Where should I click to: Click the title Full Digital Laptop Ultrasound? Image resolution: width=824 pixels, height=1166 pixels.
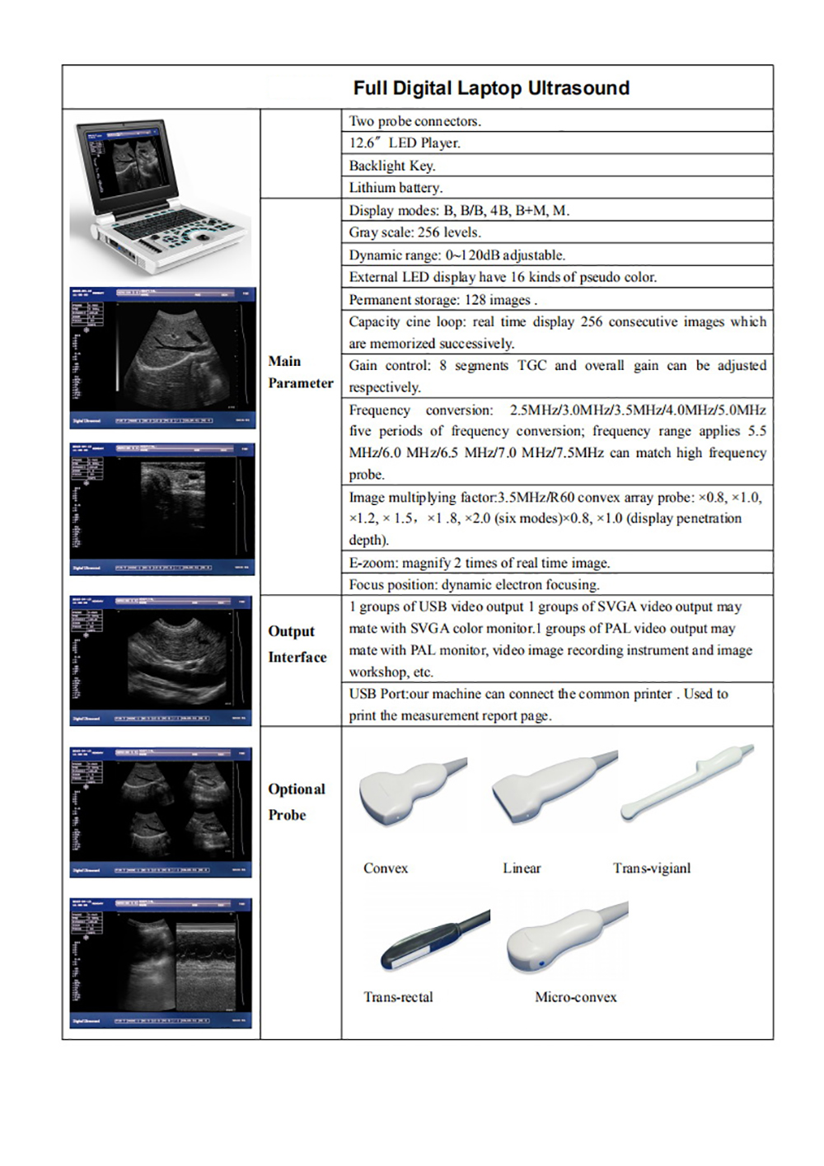pyautogui.click(x=491, y=88)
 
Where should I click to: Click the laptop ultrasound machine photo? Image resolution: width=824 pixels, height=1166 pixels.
pyautogui.click(x=162, y=196)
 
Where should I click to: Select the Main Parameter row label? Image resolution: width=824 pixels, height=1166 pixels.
pyautogui.click(x=300, y=372)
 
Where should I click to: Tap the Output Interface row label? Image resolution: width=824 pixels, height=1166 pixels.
pyautogui.click(x=297, y=644)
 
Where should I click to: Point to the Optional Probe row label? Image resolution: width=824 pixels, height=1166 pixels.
pyautogui.click(x=296, y=801)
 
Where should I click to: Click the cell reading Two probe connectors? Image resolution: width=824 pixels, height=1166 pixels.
pyautogui.click(x=414, y=121)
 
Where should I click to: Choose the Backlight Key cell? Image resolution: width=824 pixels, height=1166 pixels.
pyautogui.click(x=391, y=166)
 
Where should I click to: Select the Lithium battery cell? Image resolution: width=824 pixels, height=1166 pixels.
pyautogui.click(x=396, y=188)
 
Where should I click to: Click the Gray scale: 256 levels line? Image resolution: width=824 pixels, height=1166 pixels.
pyautogui.click(x=414, y=232)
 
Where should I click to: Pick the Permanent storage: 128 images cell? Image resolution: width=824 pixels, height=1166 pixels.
pyautogui.click(x=442, y=300)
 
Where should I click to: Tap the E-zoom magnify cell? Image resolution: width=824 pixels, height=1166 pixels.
pyautogui.click(x=479, y=563)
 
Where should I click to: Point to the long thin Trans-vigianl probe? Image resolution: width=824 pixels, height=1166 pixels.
pyautogui.click(x=687, y=781)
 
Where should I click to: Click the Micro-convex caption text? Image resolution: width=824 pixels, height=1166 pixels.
pyautogui.click(x=575, y=997)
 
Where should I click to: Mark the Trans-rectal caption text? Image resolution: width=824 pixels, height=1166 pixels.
pyautogui.click(x=398, y=997)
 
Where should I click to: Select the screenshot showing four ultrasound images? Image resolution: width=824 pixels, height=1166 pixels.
pyautogui.click(x=162, y=812)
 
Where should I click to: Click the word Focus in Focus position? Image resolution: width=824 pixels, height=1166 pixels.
pyautogui.click(x=366, y=585)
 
